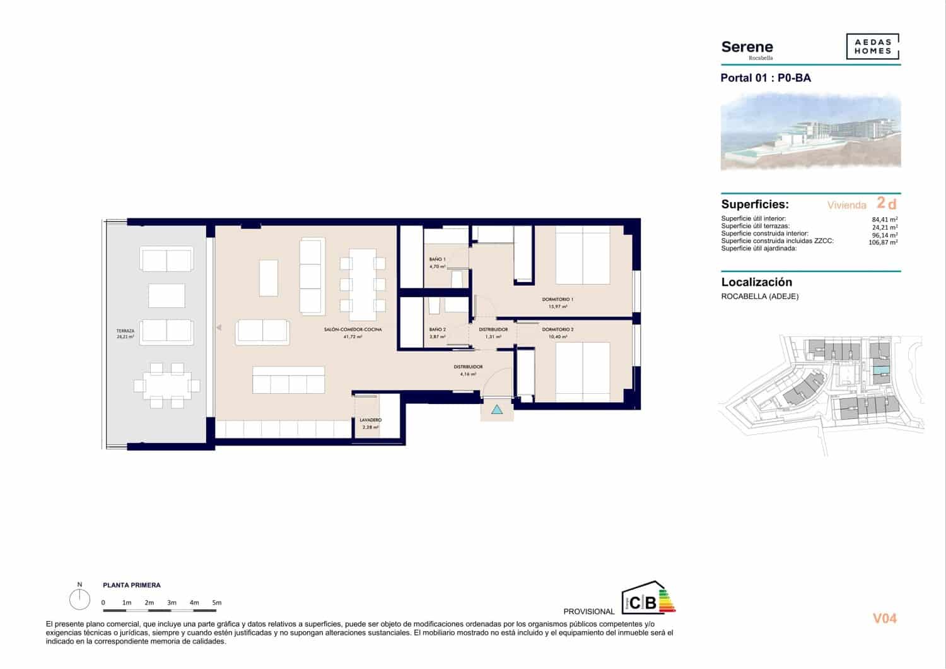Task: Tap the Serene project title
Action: click(747, 47)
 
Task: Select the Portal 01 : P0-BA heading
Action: click(765, 78)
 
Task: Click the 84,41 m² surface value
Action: click(884, 220)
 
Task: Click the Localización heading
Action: click(756, 282)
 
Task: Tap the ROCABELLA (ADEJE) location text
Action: click(759, 296)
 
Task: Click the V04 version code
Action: click(884, 619)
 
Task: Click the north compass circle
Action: click(79, 600)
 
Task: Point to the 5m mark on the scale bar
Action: click(217, 603)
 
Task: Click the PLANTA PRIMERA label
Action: click(131, 585)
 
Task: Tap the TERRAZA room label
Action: click(125, 331)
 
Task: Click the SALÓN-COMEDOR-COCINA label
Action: click(353, 329)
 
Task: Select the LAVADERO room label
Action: click(370, 420)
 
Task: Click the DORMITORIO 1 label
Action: click(558, 299)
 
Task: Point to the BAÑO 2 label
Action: click(437, 329)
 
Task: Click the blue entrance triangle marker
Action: click(497, 410)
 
